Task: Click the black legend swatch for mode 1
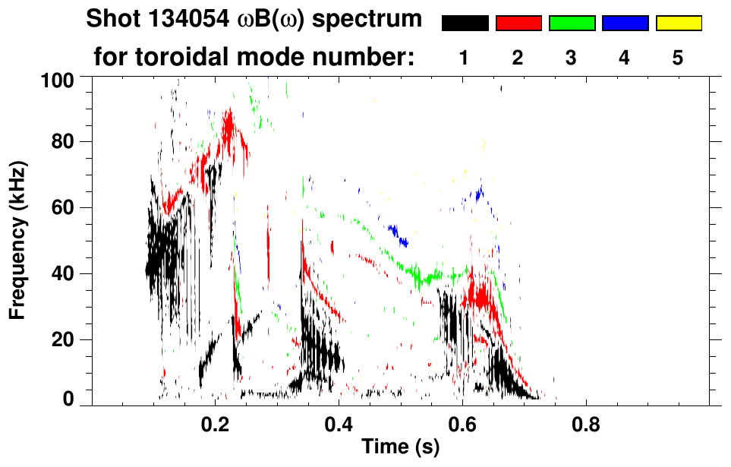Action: [x=465, y=24]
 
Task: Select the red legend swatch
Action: [x=518, y=24]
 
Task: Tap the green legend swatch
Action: [x=572, y=24]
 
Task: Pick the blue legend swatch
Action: [x=625, y=24]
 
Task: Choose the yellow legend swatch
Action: [x=679, y=24]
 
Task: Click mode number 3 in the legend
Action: [x=572, y=58]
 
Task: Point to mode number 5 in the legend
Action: [x=678, y=58]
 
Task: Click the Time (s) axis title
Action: [x=400, y=448]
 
